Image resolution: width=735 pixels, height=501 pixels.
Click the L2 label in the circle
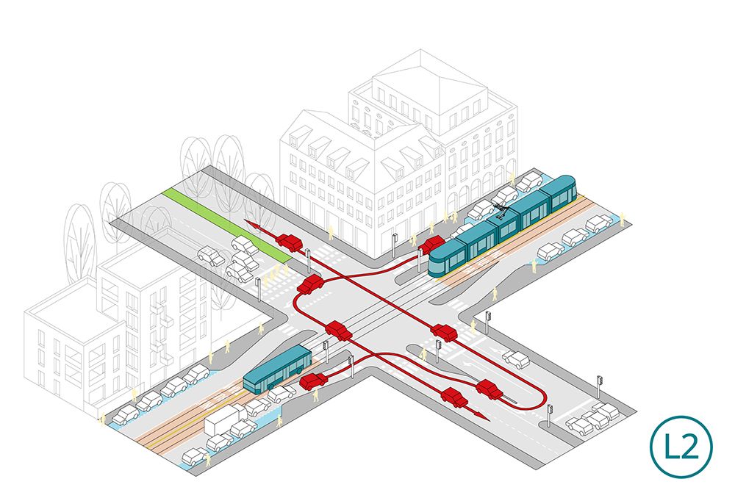(x=681, y=446)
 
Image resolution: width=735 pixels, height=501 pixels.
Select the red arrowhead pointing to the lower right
(x=482, y=417)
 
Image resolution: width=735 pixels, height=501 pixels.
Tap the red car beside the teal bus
(x=314, y=381)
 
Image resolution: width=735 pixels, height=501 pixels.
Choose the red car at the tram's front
(x=431, y=244)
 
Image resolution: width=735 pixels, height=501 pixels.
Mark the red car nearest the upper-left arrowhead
(x=289, y=242)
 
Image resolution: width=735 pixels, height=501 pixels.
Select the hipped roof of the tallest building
(x=429, y=84)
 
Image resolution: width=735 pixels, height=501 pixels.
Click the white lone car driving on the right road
(x=516, y=359)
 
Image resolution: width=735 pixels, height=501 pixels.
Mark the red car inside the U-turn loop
(x=490, y=389)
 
